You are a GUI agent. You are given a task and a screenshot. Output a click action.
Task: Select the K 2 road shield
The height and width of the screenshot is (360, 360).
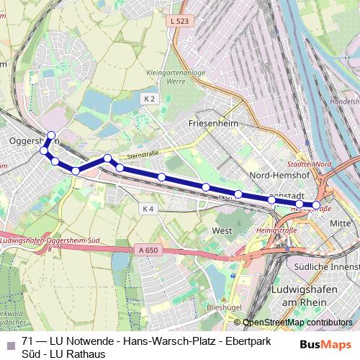(x=150, y=98)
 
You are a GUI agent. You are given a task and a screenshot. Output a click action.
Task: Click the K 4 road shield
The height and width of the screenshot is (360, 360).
(x=148, y=209)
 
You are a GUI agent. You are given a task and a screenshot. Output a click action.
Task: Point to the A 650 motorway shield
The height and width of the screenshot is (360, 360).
(x=146, y=250)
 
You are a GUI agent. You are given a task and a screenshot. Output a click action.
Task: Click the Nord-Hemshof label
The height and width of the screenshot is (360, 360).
(x=277, y=175)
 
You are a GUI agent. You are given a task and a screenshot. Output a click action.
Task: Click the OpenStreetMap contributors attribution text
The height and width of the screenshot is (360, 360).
(x=297, y=323)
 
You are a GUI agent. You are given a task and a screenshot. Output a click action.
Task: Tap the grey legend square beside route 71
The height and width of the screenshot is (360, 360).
(x=9, y=341)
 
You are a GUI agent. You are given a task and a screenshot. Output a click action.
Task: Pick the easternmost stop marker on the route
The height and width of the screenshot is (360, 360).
(x=316, y=207)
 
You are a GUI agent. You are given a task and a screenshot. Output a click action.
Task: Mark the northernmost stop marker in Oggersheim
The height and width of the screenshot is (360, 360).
(x=51, y=135)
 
